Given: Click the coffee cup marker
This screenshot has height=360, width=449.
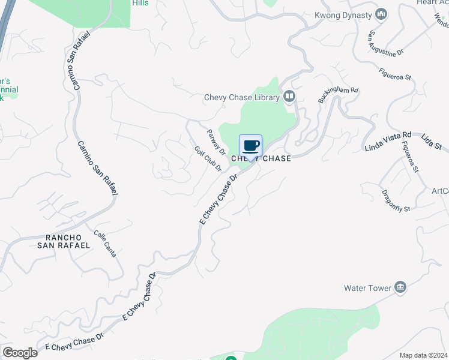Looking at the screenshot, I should point(250,146).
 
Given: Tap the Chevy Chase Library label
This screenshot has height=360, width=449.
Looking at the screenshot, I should point(242,97).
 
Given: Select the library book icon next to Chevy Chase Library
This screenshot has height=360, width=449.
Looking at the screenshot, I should point(290,97).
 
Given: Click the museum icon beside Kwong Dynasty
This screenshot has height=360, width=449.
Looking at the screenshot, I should point(381,14).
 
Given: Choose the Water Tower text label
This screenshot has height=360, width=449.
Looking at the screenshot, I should point(367,288).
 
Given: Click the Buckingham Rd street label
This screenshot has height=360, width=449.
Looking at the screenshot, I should point(338,95).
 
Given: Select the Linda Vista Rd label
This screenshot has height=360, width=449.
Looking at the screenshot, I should point(388,141).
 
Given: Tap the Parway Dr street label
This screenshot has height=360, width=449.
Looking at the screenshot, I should point(215,142).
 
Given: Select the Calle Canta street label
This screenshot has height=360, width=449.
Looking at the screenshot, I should point(105,244).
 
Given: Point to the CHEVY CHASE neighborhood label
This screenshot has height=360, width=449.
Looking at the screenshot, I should point(261,158).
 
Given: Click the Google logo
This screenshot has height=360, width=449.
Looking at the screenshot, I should point(20,353).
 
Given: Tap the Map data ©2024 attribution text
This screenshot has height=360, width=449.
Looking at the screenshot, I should point(423,355).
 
